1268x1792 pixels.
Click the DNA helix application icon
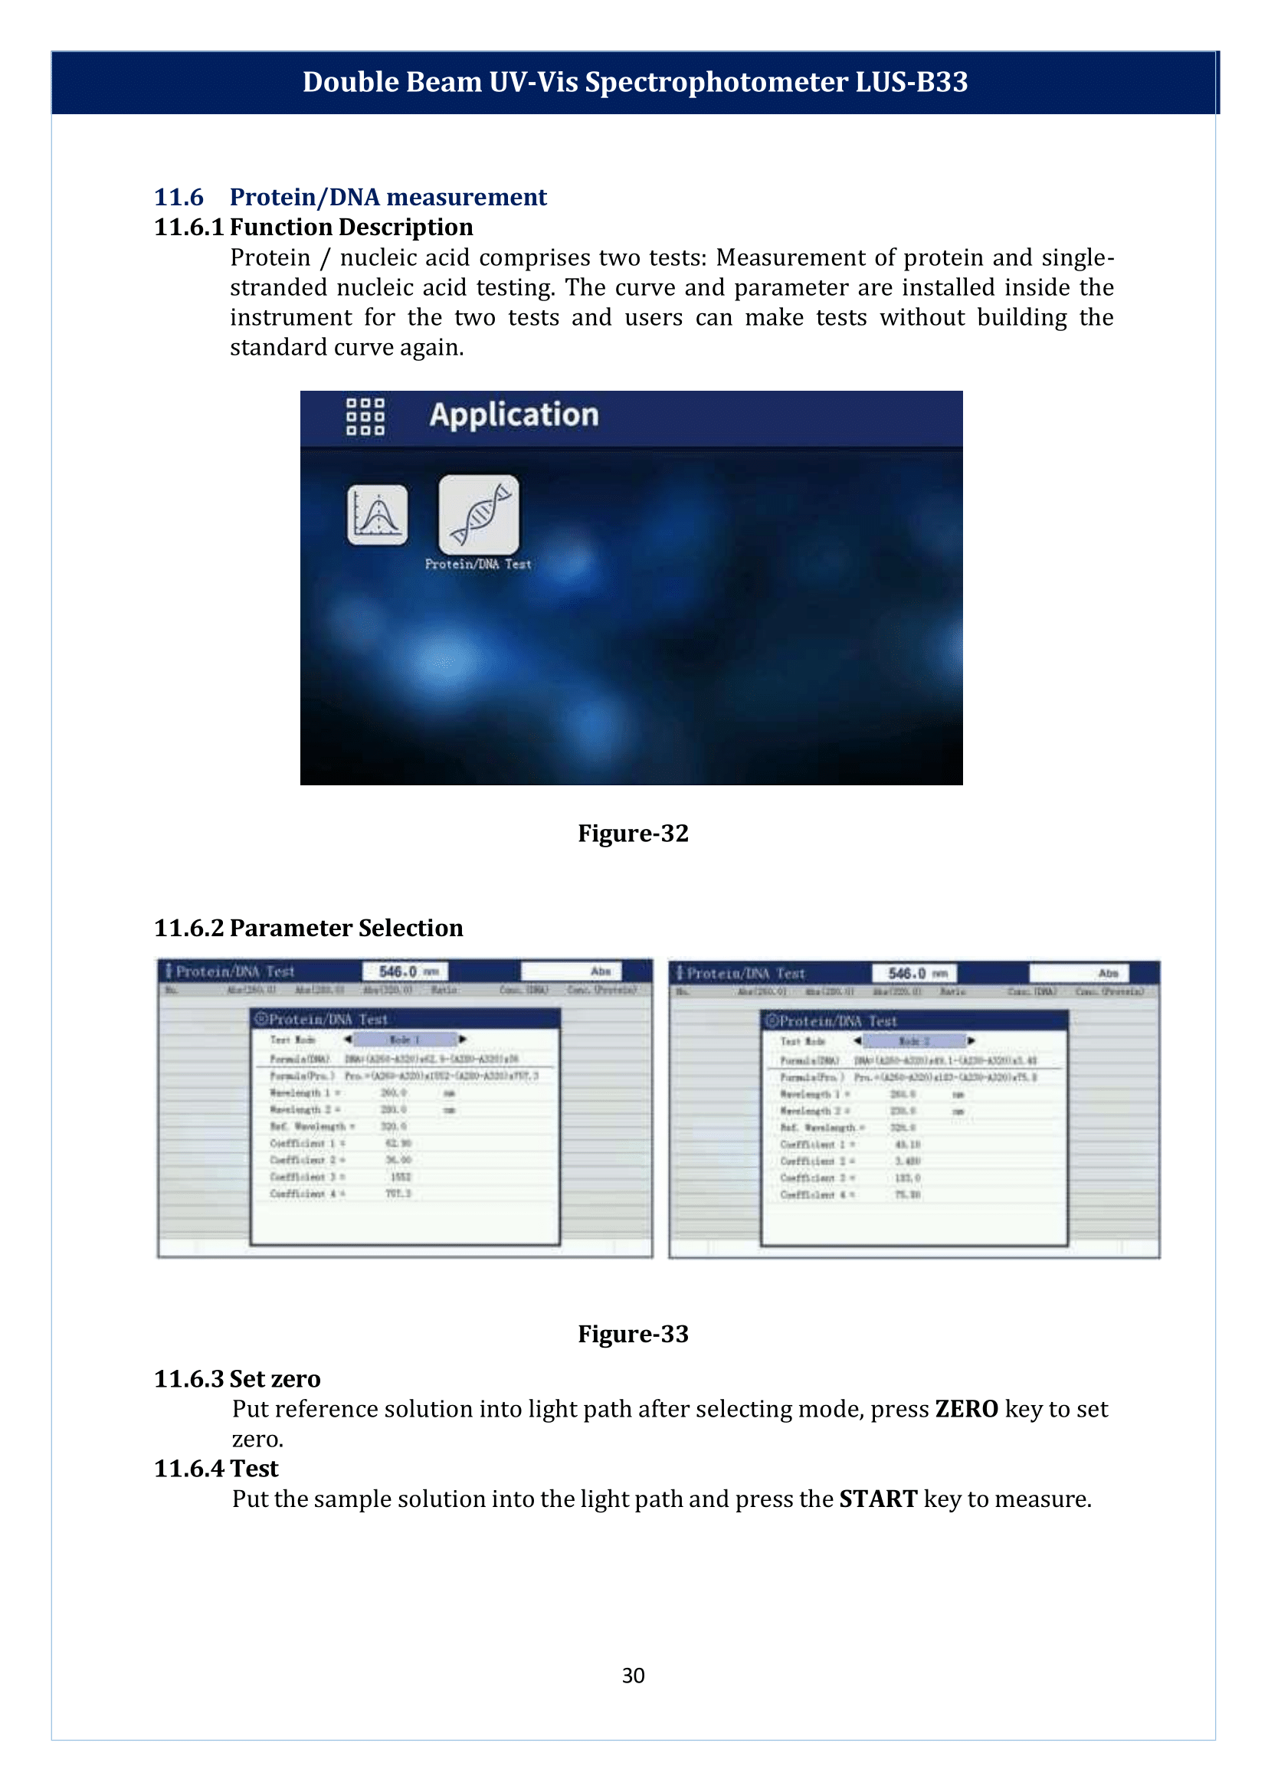pyautogui.click(x=479, y=515)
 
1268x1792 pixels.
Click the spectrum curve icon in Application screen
pyautogui.click(x=377, y=515)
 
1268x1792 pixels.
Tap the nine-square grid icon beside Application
pyautogui.click(x=365, y=416)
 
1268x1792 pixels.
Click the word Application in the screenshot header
pyautogui.click(x=514, y=414)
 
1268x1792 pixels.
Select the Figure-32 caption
pyautogui.click(x=632, y=833)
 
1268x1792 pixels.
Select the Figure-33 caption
pyautogui.click(x=632, y=1334)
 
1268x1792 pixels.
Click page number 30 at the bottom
pyautogui.click(x=633, y=1675)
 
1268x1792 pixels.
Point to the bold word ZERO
pyautogui.click(x=966, y=1409)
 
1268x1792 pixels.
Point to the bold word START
pyautogui.click(x=877, y=1499)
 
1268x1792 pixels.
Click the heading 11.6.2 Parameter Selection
pyautogui.click(x=309, y=928)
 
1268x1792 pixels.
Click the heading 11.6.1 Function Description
pyautogui.click(x=313, y=227)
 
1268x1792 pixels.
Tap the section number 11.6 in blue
pyautogui.click(x=179, y=197)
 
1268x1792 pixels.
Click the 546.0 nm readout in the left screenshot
pyautogui.click(x=405, y=971)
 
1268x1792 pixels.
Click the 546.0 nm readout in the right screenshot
pyautogui.click(x=914, y=973)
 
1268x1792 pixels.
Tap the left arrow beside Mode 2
pyautogui.click(x=857, y=1041)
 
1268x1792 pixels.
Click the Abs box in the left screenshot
pyautogui.click(x=571, y=971)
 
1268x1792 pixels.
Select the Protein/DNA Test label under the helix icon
pyautogui.click(x=478, y=564)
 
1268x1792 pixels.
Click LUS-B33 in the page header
pyautogui.click(x=911, y=82)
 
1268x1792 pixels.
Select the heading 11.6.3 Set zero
pyautogui.click(x=237, y=1379)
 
